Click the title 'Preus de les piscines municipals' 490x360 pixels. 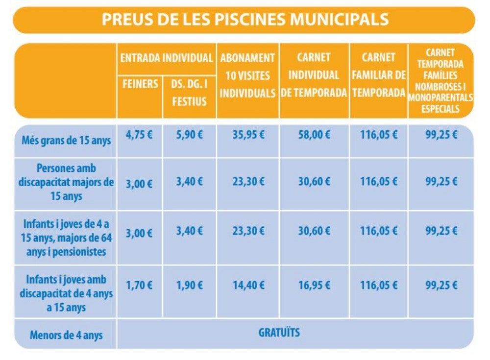click(245, 20)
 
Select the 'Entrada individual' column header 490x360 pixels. click(167, 58)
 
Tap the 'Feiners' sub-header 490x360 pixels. click(140, 84)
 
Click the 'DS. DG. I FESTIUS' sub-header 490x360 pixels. click(190, 93)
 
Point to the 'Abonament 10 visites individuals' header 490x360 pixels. click(247, 75)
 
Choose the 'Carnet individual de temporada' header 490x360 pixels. click(314, 75)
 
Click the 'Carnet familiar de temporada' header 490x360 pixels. click(379, 75)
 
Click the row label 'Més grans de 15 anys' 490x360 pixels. click(67, 141)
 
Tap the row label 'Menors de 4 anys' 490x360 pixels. click(66, 336)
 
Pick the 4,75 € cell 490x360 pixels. click(139, 135)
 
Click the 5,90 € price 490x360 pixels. click(190, 135)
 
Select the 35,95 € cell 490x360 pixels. click(247, 135)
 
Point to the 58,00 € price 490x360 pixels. click(314, 135)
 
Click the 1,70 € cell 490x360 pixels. click(139, 285)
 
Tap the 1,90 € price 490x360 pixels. click(190, 285)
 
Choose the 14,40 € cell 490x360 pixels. click(247, 285)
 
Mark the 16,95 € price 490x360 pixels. click(314, 285)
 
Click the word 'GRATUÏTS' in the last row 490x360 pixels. click(279, 333)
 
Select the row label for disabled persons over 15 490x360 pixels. click(67, 182)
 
